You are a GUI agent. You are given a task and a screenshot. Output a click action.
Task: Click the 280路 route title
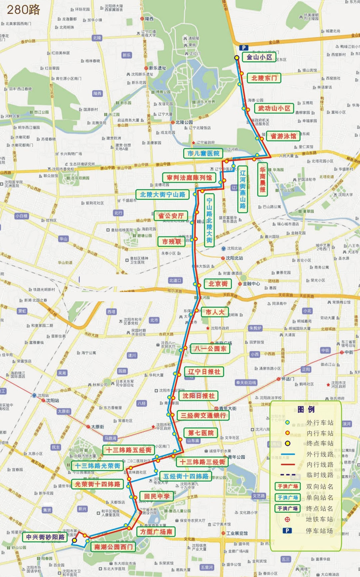click(23, 9)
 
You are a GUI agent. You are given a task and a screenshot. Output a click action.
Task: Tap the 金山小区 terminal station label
click(259, 57)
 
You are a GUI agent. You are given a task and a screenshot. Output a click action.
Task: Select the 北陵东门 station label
click(264, 78)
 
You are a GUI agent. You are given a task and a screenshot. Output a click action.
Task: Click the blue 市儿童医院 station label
click(203, 153)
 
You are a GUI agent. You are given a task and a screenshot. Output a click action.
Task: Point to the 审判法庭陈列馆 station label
click(189, 178)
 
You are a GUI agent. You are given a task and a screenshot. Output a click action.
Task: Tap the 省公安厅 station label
click(171, 216)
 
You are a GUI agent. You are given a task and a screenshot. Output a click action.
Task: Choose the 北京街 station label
click(218, 284)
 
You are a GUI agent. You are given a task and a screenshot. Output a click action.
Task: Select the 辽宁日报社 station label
click(204, 372)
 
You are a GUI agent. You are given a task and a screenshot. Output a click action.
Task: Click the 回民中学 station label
click(156, 496)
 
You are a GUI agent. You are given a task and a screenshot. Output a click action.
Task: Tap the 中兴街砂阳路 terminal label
click(46, 537)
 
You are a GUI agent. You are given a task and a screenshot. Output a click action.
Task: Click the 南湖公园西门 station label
click(113, 547)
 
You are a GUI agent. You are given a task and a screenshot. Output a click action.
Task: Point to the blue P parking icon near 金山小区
click(244, 48)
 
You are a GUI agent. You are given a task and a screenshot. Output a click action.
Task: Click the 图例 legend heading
click(305, 410)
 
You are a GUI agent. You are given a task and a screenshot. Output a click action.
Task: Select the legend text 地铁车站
click(319, 519)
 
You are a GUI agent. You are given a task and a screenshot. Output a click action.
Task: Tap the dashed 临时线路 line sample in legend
click(288, 475)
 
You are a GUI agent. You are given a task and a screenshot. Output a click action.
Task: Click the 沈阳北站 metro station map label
click(234, 258)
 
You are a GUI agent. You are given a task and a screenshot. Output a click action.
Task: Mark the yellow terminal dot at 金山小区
click(237, 58)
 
